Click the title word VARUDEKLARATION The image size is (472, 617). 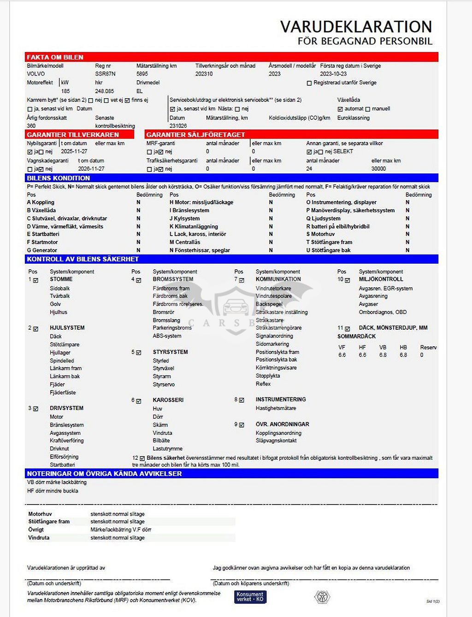click(356, 27)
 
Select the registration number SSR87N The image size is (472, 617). click(105, 74)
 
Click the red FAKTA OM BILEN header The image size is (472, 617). click(55, 57)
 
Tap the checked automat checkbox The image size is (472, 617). click(340, 109)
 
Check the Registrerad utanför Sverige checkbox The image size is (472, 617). click(309, 83)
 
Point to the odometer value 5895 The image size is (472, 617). click(142, 74)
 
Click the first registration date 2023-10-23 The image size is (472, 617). click(333, 74)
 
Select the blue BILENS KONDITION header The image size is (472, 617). click(58, 178)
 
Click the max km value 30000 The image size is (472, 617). click(378, 169)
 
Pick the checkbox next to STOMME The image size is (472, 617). click(35, 280)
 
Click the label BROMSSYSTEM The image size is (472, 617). click(173, 279)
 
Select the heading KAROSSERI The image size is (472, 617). click(168, 400)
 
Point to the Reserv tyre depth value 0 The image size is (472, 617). click(421, 355)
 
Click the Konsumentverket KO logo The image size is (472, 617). click(250, 597)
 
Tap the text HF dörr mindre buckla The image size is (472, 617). click(53, 491)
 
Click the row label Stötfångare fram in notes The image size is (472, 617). click(49, 522)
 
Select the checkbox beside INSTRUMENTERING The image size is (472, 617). click(242, 400)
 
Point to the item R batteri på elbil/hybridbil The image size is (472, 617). click(338, 226)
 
